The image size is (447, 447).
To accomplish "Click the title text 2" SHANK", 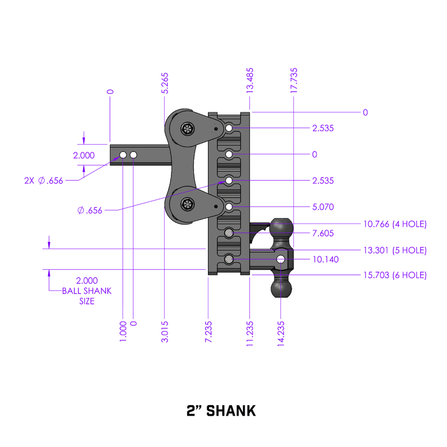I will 221,411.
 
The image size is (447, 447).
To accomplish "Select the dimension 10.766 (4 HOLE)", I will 394,224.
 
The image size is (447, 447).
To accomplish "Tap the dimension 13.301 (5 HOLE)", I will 394,250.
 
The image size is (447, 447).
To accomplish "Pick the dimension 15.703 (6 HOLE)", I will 394,275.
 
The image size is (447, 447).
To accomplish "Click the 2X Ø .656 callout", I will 43,180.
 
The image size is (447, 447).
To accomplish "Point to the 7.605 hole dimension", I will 324,233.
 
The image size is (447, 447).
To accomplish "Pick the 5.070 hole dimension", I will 324,207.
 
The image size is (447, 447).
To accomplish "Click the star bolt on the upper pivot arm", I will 187,130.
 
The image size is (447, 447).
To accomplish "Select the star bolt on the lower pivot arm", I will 187,205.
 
